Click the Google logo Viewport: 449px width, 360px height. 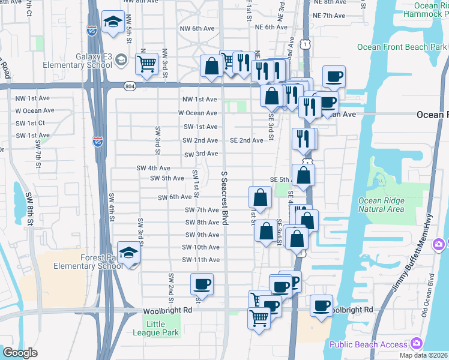click(x=20, y=353)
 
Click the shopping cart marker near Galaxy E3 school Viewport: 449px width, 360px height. click(x=146, y=64)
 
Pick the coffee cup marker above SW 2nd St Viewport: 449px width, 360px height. click(x=202, y=284)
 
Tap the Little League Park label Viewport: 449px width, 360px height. click(x=155, y=328)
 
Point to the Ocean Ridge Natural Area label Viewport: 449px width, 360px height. click(x=388, y=205)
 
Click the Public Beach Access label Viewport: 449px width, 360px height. click(x=368, y=344)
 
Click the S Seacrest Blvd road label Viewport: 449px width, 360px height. click(x=224, y=198)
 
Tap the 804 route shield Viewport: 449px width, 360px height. click(x=130, y=86)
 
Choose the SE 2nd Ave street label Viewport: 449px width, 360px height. click(x=246, y=140)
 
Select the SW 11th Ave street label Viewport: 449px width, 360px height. click(x=201, y=260)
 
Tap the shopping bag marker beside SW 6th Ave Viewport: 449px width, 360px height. click(x=260, y=197)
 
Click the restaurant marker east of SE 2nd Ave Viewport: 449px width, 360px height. click(x=304, y=138)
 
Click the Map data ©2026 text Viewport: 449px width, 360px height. click(x=422, y=355)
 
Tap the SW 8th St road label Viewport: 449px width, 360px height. click(x=30, y=204)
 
